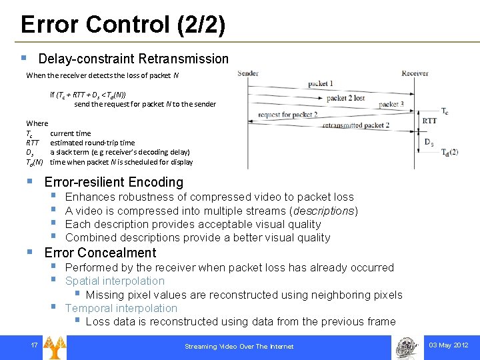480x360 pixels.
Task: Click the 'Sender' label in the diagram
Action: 248,73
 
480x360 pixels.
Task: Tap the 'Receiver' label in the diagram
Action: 415,73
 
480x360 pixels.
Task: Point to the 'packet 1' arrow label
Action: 321,84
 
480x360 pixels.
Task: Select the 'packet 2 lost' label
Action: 345,98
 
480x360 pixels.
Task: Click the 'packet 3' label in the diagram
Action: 391,105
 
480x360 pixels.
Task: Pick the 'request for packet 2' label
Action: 287,115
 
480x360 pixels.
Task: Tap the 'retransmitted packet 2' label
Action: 355,125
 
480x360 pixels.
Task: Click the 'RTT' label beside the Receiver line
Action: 430,121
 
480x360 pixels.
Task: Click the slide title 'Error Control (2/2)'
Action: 123,25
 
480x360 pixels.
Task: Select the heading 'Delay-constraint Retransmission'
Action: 133,59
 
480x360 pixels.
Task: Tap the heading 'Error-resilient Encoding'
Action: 113,182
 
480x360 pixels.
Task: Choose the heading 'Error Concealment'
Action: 100,253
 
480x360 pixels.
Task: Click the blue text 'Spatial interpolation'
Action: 115,281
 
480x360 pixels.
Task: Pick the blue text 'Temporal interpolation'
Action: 121,308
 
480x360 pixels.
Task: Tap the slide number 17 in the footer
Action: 33,345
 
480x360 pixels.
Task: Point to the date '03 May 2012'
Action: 449,345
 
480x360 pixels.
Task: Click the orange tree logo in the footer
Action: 54,346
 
